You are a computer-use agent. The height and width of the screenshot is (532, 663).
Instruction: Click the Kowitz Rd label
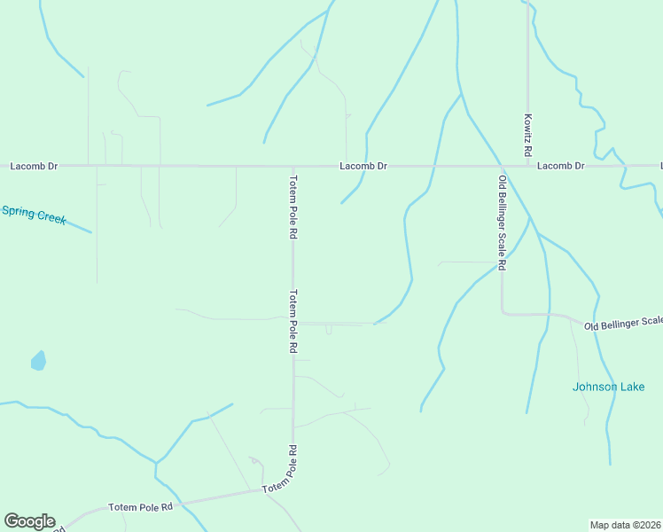[527, 135]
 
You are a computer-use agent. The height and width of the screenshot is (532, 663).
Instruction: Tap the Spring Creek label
[34, 214]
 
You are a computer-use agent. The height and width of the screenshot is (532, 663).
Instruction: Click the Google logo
[29, 521]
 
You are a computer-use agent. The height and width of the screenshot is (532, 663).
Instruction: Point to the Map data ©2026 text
[626, 524]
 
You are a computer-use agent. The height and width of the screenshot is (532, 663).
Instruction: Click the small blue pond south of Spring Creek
[38, 361]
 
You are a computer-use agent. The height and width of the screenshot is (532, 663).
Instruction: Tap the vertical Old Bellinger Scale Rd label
[502, 223]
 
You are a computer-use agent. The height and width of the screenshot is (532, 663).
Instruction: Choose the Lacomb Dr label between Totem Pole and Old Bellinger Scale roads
[363, 166]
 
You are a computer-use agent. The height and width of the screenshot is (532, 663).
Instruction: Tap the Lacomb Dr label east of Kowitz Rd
[561, 166]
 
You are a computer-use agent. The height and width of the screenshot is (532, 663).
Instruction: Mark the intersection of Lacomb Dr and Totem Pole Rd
[292, 166]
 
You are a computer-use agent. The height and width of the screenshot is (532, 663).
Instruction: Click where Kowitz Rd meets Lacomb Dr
[528, 166]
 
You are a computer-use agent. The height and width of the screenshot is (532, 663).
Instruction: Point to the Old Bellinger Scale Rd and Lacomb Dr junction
[502, 166]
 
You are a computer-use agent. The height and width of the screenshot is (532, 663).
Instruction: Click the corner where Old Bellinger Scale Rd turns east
[503, 312]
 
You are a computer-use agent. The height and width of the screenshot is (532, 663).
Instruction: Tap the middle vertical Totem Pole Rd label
[292, 321]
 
